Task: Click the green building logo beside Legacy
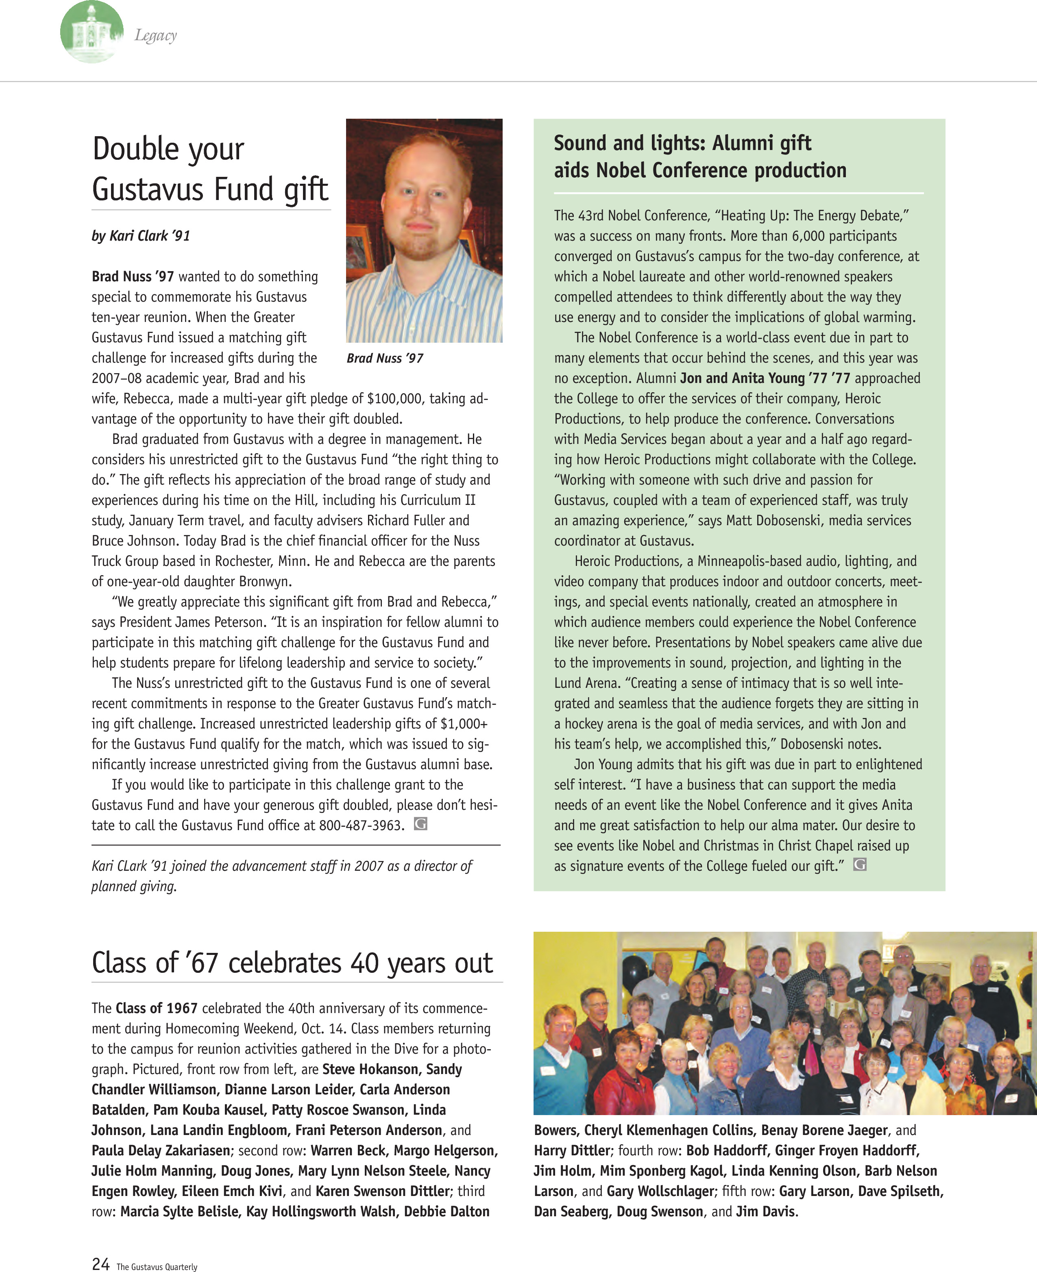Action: click(x=91, y=32)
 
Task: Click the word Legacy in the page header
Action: click(x=155, y=36)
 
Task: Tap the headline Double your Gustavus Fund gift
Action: click(x=210, y=169)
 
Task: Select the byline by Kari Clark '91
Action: click(x=141, y=236)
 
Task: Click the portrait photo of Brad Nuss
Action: click(x=424, y=230)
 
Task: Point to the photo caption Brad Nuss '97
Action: click(x=385, y=358)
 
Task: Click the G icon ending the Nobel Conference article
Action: click(x=860, y=865)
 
